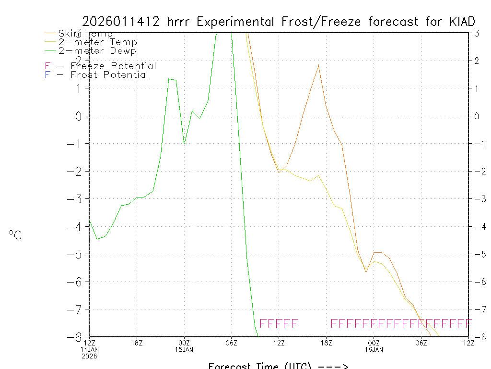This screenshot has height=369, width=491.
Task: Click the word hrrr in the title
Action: pyautogui.click(x=180, y=22)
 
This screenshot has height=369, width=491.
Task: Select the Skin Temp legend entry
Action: pyautogui.click(x=85, y=34)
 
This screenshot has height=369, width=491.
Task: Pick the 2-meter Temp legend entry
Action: pyautogui.click(x=97, y=42)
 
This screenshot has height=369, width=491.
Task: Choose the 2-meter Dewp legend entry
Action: pyautogui.click(x=97, y=50)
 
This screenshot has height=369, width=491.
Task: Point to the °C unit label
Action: pyautogui.click(x=15, y=235)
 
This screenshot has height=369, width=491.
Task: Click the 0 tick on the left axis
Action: pyautogui.click(x=80, y=116)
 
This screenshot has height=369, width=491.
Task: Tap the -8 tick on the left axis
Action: pyautogui.click(x=77, y=337)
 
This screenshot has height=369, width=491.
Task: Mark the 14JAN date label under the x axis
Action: pyautogui.click(x=90, y=349)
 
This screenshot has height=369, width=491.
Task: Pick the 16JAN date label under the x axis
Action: pyautogui.click(x=374, y=349)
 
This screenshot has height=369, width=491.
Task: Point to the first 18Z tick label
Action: pyautogui.click(x=137, y=343)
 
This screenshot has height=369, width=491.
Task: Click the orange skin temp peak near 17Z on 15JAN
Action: pyautogui.click(x=318, y=64)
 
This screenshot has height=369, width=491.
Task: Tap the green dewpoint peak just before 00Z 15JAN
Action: pyautogui.click(x=169, y=79)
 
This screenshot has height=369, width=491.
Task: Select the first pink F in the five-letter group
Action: pyautogui.click(x=263, y=323)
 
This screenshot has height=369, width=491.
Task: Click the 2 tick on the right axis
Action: pyautogui.click(x=477, y=61)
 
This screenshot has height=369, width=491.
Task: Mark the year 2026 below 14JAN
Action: pyautogui.click(x=90, y=356)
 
